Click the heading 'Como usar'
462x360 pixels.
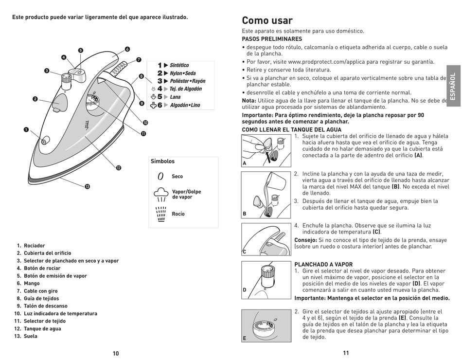[x=267, y=20]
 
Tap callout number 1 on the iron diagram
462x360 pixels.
[x=27, y=129]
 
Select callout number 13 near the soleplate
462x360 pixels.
[x=88, y=186]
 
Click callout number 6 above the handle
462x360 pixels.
[x=127, y=49]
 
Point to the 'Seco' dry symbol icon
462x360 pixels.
[x=160, y=177]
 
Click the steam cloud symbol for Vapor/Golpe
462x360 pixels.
[x=160, y=194]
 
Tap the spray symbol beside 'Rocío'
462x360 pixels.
[x=160, y=214]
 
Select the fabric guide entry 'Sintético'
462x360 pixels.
[x=179, y=65]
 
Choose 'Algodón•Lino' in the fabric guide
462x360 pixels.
[x=184, y=105]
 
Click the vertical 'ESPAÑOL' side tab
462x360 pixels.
[x=453, y=86]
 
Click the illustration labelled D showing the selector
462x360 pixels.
[x=266, y=279]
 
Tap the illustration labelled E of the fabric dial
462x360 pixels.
[x=266, y=325]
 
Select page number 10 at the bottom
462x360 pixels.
[x=116, y=354]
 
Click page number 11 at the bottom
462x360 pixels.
[x=346, y=353]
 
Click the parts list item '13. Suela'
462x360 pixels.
[x=27, y=336]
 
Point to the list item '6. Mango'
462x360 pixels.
[x=29, y=283]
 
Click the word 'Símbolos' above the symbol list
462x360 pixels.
[x=162, y=161]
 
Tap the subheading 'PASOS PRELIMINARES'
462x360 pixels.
[x=272, y=39]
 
